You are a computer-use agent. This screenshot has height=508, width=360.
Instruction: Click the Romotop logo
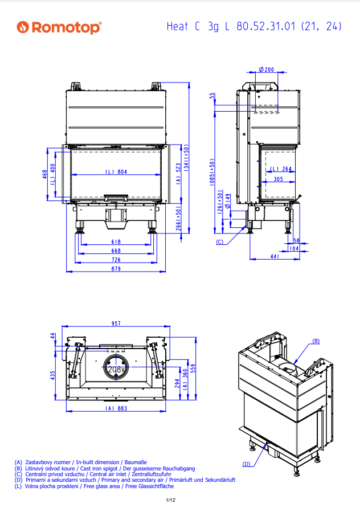coord(59,27)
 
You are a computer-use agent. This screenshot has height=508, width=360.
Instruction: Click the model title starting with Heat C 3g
coord(250,27)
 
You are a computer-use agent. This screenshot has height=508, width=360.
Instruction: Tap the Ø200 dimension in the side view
coord(266,69)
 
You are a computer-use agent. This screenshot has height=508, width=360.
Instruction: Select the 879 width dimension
coord(116,269)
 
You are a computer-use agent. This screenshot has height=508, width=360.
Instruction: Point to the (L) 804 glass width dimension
coord(116,171)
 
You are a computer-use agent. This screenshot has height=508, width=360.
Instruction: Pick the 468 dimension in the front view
coord(46,174)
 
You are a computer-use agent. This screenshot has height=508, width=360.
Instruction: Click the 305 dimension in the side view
coord(277,179)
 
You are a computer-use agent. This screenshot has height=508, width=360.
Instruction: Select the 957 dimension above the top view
coord(116,323)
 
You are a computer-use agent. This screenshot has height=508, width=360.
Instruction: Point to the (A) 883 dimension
coord(116,408)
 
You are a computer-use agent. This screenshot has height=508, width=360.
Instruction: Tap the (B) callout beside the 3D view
coord(316,341)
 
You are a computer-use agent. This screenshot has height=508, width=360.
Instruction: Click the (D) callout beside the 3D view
coord(246,464)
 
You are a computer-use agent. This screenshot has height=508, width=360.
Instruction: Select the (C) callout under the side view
coord(219,242)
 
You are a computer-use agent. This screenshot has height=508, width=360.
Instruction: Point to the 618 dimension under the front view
coord(116,242)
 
